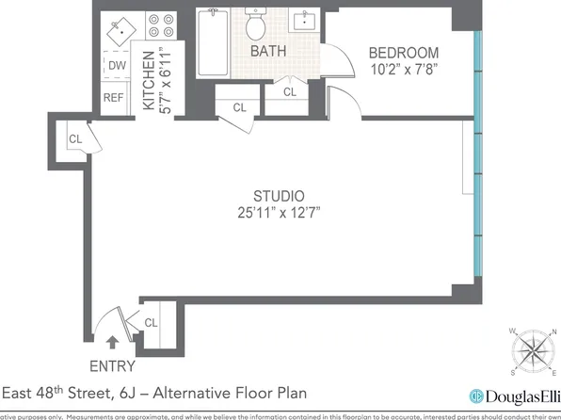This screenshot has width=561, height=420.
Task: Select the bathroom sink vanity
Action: (307, 21)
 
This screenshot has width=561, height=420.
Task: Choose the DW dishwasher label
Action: (117, 65)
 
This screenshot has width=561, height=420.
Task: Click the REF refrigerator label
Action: (114, 97)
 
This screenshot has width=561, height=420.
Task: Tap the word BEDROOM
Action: (403, 52)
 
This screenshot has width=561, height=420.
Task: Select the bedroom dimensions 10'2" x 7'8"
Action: (403, 69)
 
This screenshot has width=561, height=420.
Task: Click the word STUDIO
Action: (279, 194)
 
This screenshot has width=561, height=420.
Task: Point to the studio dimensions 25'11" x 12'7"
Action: (279, 212)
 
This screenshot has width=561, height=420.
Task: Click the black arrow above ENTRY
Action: (114, 345)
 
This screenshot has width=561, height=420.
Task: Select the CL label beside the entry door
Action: (151, 323)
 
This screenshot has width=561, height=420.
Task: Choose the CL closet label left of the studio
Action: (74, 139)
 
